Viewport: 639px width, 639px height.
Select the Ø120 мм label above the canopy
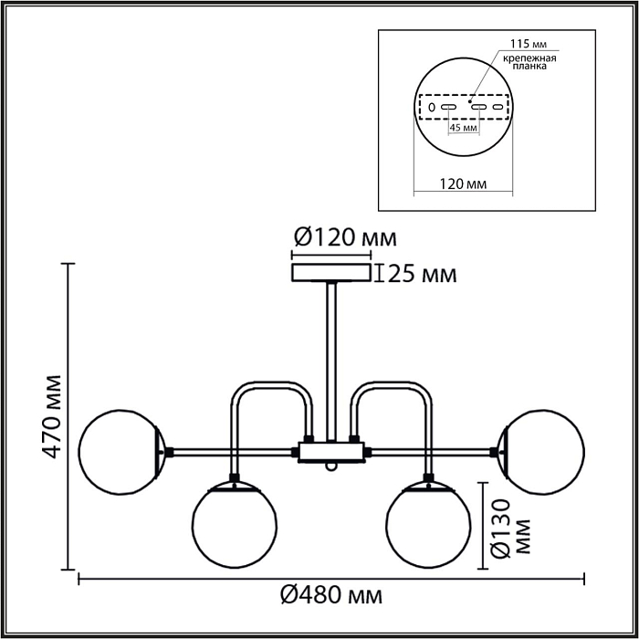tap(345, 239)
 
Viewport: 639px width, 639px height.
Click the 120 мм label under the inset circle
tap(463, 183)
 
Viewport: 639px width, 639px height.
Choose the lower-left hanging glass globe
tap(235, 526)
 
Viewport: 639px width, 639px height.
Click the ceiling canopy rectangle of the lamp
tap(330, 273)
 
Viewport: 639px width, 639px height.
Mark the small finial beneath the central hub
tap(333, 466)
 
